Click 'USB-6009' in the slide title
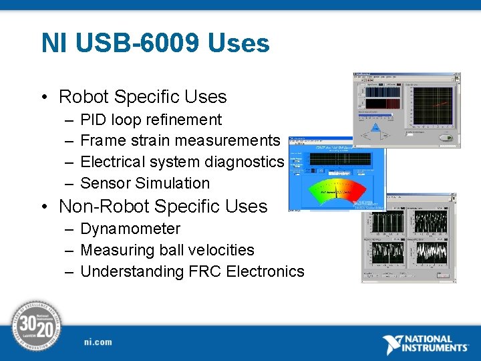(x=138, y=43)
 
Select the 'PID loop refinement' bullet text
(x=150, y=120)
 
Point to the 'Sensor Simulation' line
(x=144, y=183)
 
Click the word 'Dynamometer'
(x=130, y=229)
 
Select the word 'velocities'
(x=220, y=250)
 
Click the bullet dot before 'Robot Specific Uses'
(x=43, y=98)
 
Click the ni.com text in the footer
(x=98, y=342)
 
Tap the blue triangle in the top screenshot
(x=375, y=128)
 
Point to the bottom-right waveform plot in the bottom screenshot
(x=431, y=252)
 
